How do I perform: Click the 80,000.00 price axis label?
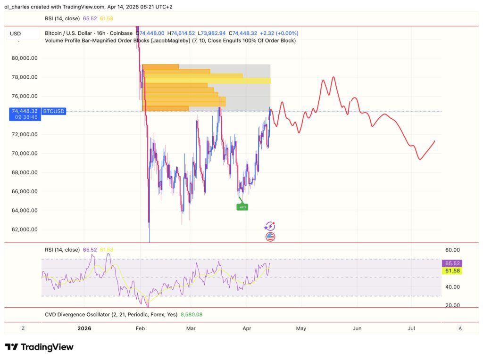(x=24, y=58)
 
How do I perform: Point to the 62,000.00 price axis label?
(x=24, y=229)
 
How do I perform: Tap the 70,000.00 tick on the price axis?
(x=24, y=154)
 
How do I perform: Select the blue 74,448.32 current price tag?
(x=24, y=111)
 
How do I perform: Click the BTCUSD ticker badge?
(x=54, y=111)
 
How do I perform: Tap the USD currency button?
(x=16, y=33)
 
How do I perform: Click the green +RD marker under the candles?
(x=242, y=207)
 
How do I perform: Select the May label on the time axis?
(x=301, y=328)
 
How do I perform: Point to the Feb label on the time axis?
(x=140, y=328)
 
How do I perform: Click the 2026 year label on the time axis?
(x=84, y=328)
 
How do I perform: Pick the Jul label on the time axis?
(x=411, y=328)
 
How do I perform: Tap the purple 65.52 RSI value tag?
(x=451, y=263)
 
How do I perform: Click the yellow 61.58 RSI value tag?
(x=451, y=271)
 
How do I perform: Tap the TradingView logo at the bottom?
(x=39, y=347)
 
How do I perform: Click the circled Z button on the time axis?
(x=23, y=328)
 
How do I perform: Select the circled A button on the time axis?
(x=460, y=328)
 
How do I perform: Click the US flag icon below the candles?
(x=270, y=237)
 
